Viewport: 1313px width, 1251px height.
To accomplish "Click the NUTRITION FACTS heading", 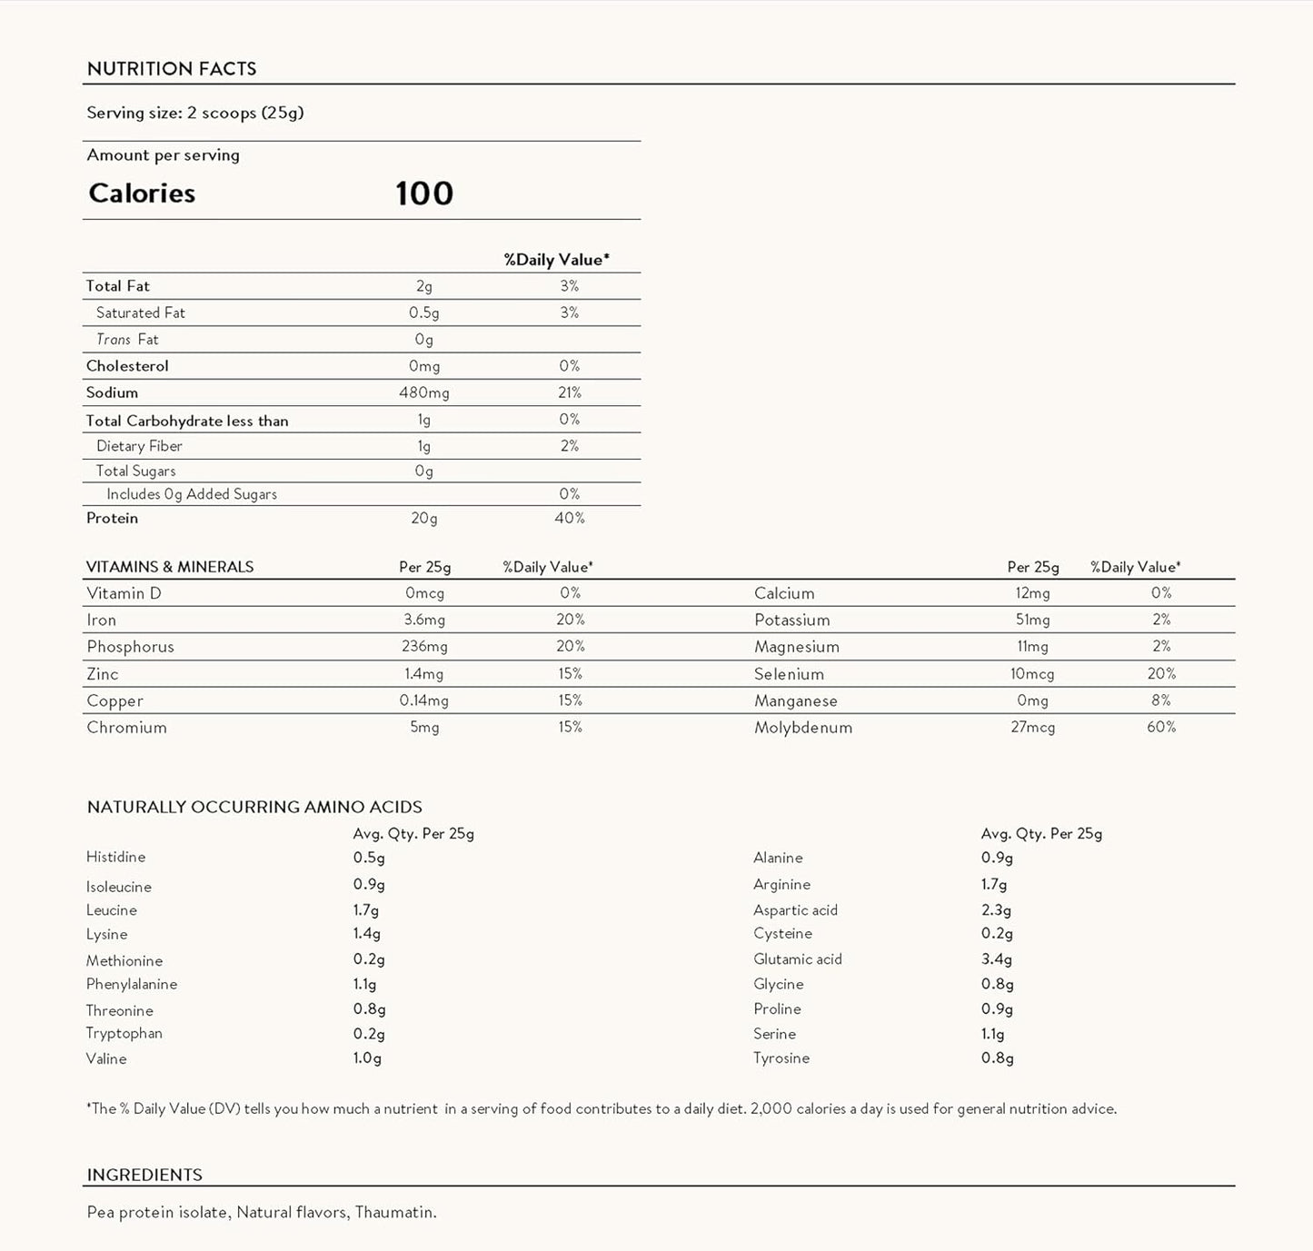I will tap(172, 69).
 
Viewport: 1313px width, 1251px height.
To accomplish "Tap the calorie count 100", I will tap(424, 194).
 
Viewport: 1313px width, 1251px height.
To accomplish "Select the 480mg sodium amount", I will tap(424, 392).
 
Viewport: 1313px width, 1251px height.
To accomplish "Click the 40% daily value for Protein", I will tap(570, 518).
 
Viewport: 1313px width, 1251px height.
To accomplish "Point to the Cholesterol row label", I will tap(127, 366).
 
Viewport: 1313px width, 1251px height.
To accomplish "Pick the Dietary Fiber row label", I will tap(139, 446).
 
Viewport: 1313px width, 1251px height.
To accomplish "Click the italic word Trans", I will tap(114, 340).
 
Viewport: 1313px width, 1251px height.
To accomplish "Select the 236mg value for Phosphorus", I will tap(424, 647).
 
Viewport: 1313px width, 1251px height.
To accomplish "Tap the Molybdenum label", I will tap(803, 728).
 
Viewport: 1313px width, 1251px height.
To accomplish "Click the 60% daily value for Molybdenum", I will tap(1161, 727).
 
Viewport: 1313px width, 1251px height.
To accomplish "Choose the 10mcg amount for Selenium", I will tap(1032, 674).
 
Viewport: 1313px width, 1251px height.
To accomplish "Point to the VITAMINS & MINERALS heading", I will tap(170, 567).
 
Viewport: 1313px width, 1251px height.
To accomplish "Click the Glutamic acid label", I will tap(798, 959).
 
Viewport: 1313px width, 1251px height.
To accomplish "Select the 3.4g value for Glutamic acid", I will tap(997, 959).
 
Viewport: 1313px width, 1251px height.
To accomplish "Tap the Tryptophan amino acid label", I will tap(124, 1034).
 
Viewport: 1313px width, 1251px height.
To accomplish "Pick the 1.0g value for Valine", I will tap(367, 1058).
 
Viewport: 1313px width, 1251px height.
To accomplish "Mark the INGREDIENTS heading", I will tap(144, 1175).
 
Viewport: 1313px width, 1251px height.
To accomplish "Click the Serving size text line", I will tap(195, 113).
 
